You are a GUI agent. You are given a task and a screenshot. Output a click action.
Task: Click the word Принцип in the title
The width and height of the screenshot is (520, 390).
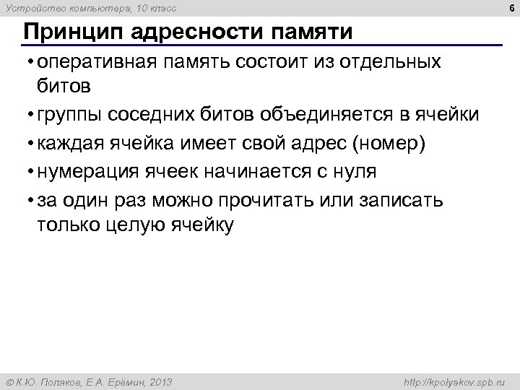point(66,32)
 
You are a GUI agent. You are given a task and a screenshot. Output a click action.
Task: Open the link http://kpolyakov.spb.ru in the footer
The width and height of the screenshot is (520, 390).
point(457,381)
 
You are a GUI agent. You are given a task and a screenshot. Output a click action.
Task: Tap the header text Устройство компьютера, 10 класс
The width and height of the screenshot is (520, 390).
point(90,8)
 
